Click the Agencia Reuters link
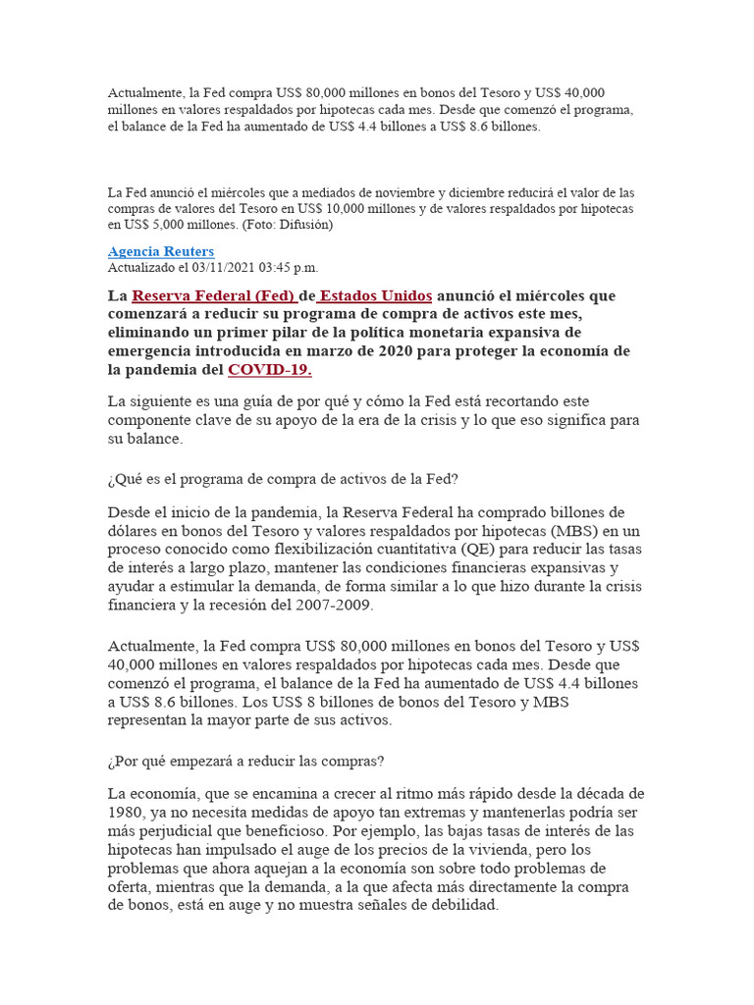pyautogui.click(x=161, y=252)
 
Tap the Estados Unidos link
pyautogui.click(x=376, y=295)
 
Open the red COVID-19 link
pyautogui.click(x=270, y=370)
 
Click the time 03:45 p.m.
pyautogui.click(x=289, y=267)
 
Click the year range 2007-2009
pyautogui.click(x=337, y=605)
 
